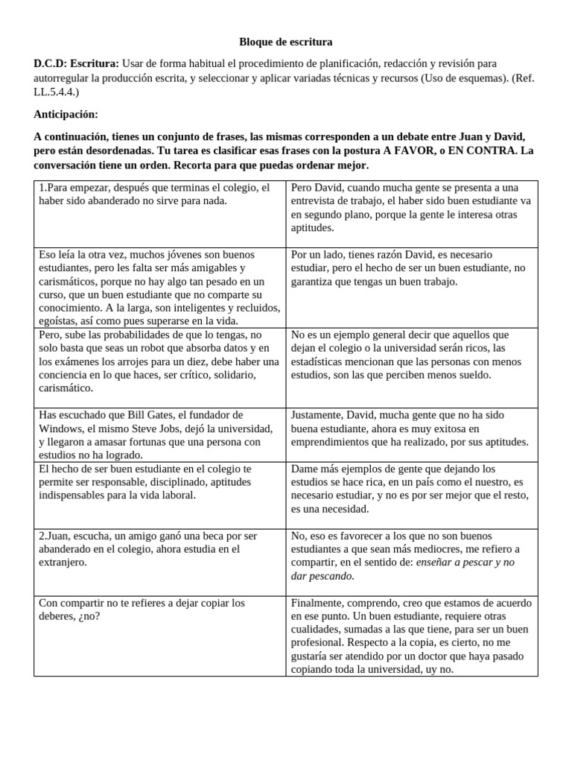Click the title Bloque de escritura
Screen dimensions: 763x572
(285, 42)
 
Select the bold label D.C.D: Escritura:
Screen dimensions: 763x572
(76, 63)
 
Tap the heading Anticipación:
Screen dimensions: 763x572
(66, 114)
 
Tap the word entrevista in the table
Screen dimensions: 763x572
(317, 201)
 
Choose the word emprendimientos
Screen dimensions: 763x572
(331, 442)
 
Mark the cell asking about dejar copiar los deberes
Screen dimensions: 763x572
(159, 610)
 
